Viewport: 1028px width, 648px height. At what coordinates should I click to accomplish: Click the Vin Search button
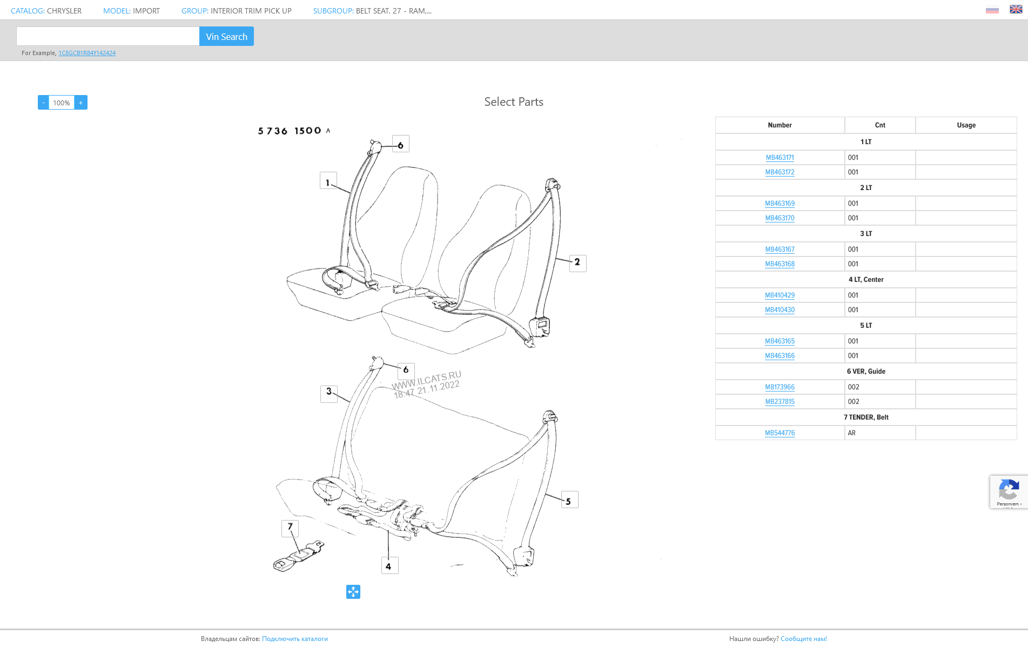[x=226, y=37]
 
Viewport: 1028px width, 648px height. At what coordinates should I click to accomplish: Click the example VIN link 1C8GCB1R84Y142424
[x=87, y=53]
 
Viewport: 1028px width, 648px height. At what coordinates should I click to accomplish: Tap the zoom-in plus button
[x=81, y=103]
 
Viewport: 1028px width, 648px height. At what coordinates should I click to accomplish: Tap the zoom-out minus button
[x=43, y=103]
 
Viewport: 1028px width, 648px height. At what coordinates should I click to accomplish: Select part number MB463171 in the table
[x=780, y=158]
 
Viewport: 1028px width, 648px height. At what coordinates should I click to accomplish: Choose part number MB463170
[x=780, y=218]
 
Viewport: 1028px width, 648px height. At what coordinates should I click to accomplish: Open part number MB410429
[x=780, y=295]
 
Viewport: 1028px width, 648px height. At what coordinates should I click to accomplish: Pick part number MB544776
[x=780, y=433]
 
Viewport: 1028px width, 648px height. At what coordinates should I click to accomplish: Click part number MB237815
[x=780, y=402]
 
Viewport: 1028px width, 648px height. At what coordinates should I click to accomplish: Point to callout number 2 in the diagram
[x=577, y=263]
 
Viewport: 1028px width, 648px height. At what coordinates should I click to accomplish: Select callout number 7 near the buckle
[x=290, y=528]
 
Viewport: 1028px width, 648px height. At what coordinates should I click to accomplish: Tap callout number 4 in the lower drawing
[x=389, y=565]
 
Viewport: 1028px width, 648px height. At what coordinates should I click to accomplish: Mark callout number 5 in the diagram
[x=569, y=500]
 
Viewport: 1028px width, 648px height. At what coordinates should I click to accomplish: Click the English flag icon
[x=1016, y=9]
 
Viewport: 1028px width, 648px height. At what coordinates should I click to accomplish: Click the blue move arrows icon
[x=353, y=592]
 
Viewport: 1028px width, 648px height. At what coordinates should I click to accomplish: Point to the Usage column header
[x=966, y=125]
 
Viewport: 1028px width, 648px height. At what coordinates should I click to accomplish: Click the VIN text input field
[x=108, y=37]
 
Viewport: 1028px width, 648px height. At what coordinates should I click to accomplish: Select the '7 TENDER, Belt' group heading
[x=866, y=417]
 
